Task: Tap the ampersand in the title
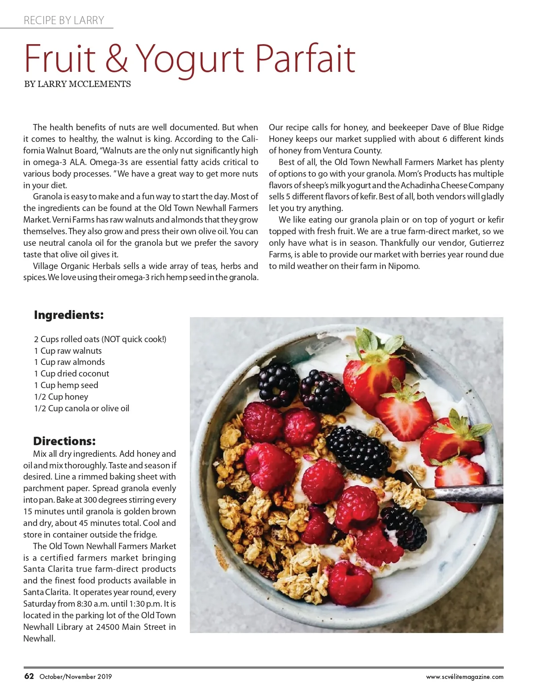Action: point(117,59)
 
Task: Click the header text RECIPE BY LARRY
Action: point(64,21)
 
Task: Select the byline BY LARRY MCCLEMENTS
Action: point(77,84)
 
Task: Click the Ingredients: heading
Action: point(69,315)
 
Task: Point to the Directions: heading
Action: point(64,441)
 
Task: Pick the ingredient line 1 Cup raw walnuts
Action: point(68,351)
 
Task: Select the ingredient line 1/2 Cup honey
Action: point(61,397)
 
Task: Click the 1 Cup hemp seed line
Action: point(66,385)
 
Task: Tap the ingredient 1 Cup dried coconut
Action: point(71,373)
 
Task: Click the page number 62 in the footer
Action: point(29,676)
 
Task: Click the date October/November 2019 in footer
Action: point(75,677)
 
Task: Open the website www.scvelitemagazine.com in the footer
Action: point(465,677)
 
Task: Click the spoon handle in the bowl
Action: point(465,491)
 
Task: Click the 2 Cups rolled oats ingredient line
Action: point(100,339)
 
